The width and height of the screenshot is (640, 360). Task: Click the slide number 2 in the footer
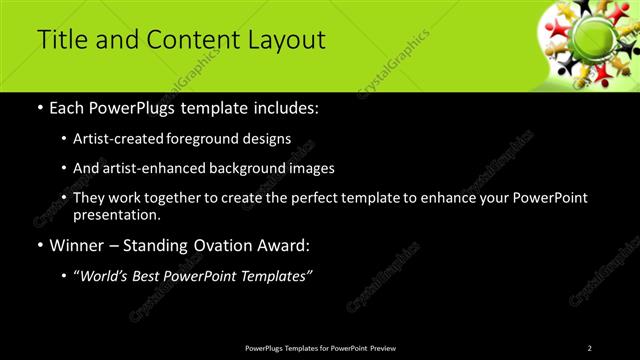coord(589,348)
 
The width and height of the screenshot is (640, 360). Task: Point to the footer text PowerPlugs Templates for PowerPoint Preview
coord(320,348)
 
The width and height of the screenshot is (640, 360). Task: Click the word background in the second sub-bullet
coord(249,169)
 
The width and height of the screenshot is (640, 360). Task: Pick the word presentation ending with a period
coord(116,215)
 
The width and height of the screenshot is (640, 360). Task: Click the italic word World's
coord(106,276)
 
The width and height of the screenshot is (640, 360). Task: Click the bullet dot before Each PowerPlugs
coord(39,108)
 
